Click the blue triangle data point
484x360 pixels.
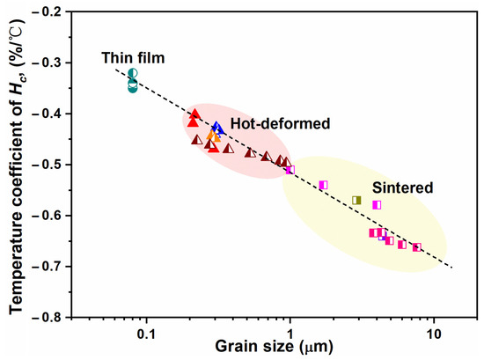coord(217,129)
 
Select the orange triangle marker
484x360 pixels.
coord(214,137)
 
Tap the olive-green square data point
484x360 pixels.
coord(356,201)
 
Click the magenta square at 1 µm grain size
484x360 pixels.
coord(290,169)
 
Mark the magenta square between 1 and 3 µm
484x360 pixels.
coord(323,185)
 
